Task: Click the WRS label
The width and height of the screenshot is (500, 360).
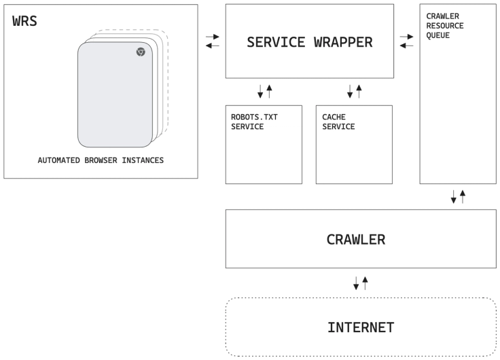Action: [x=25, y=21]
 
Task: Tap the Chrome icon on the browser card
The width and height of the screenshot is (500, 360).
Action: [x=141, y=52]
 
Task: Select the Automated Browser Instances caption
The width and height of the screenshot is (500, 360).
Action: [x=101, y=161]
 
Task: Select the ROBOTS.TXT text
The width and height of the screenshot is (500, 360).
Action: [x=254, y=117]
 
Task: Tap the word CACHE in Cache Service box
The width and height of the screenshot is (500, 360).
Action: [x=334, y=117]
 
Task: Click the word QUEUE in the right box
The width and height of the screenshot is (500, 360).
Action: [x=437, y=35]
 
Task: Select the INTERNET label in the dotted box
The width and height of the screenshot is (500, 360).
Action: [x=361, y=327]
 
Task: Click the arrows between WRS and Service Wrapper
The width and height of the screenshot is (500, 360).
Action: [x=212, y=41]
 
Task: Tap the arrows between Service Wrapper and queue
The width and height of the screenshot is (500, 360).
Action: [x=407, y=41]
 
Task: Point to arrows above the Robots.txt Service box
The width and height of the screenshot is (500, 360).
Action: [x=264, y=90]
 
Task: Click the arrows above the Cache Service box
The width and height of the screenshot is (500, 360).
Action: [x=355, y=90]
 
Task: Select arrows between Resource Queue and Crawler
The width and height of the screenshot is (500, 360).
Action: [x=458, y=197]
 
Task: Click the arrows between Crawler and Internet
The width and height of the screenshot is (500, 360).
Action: [x=360, y=283]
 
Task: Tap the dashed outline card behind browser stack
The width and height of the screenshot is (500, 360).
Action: [x=164, y=82]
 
